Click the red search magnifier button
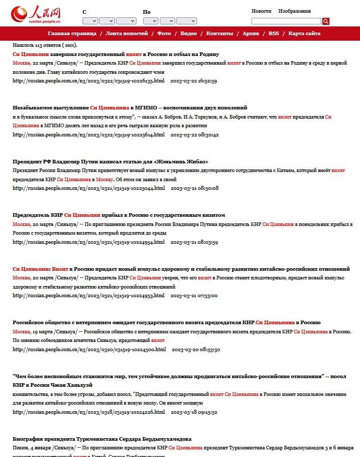tap(326, 21)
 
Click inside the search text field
tap(286, 21)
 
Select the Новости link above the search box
tap(261, 11)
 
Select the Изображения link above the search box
tap(294, 11)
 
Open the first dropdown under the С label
tap(90, 21)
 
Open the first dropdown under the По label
tap(150, 21)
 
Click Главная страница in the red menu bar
tap(72, 34)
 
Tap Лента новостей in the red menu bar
tap(127, 34)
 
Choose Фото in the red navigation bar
tap(164, 34)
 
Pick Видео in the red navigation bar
tap(188, 34)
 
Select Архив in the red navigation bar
tap(251, 34)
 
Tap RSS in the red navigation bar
tap(273, 34)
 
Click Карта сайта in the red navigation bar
tap(304, 34)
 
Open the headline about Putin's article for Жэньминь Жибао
tap(110, 162)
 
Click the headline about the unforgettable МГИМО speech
tap(130, 108)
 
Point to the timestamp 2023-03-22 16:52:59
tap(193, 81)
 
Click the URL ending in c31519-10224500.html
tap(89, 350)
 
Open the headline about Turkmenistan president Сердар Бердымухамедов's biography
tap(102, 439)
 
